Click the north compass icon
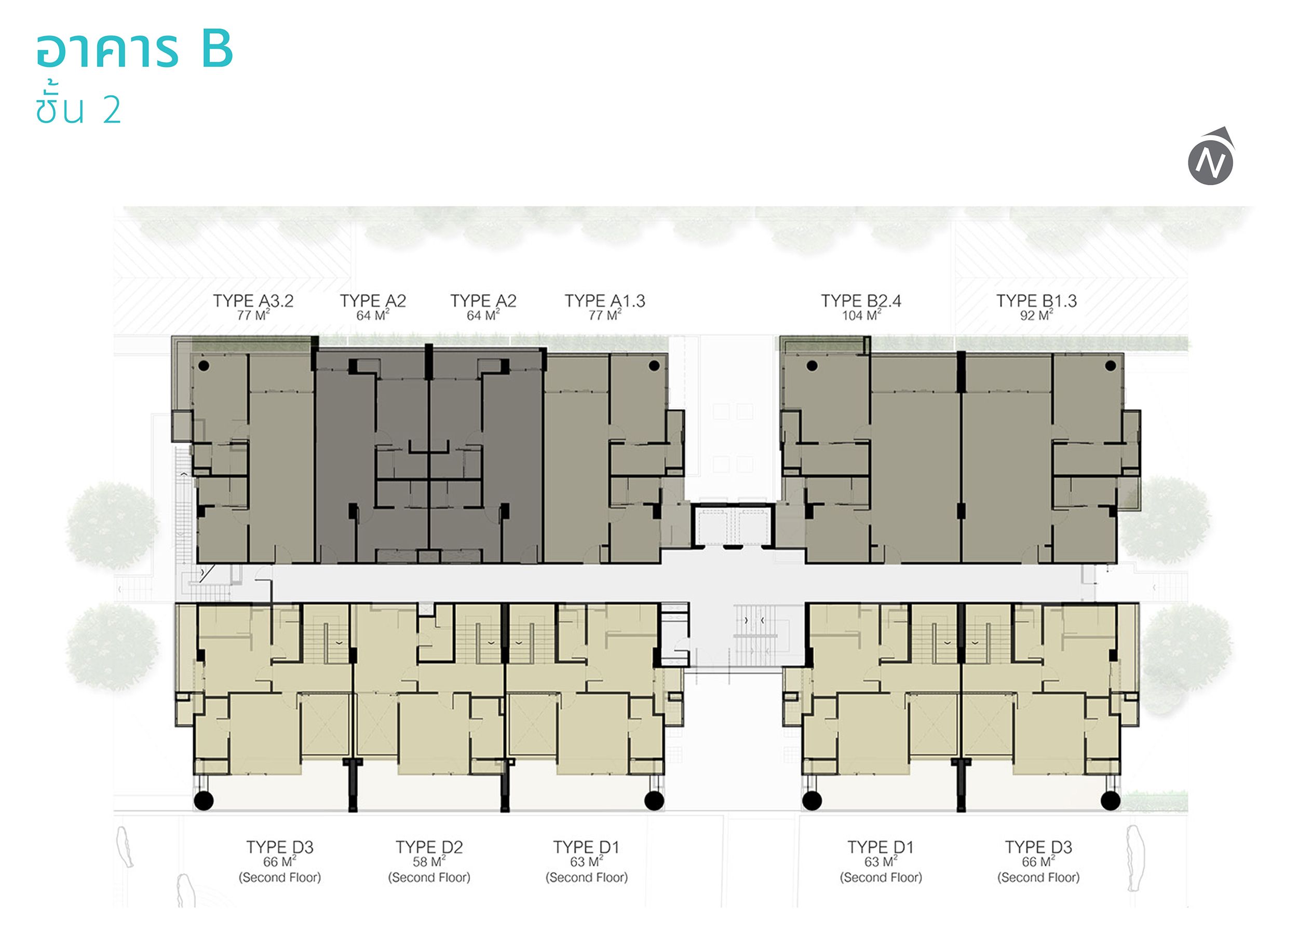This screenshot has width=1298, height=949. [1211, 157]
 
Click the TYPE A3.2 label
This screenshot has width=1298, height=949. [253, 300]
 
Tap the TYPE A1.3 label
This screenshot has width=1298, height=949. [604, 300]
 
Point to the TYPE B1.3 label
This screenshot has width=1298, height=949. [1036, 300]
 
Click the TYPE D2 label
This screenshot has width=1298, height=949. [429, 847]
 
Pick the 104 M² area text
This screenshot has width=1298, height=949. [861, 315]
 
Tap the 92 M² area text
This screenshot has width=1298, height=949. [1036, 315]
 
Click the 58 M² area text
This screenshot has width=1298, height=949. [429, 862]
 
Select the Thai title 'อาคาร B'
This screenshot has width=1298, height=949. [134, 49]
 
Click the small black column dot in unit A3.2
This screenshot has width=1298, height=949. [204, 365]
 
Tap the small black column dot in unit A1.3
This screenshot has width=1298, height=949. [654, 365]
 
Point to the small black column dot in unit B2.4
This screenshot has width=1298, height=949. [812, 365]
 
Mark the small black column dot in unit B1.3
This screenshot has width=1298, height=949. [1111, 365]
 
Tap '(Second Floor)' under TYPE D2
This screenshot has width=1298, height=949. [429, 877]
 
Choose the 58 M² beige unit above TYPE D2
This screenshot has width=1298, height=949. [429, 690]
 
